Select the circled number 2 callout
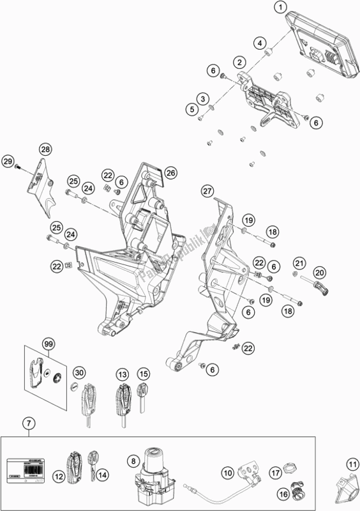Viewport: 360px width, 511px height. [x=239, y=62]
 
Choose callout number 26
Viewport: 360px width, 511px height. [x=170, y=172]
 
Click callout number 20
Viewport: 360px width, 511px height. [x=337, y=271]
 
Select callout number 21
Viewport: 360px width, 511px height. [x=317, y=263]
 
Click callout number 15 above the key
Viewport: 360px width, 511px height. [x=144, y=374]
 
